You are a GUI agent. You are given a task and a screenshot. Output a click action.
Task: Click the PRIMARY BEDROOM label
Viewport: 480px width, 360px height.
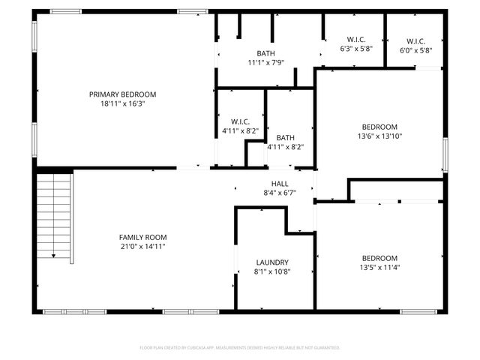coord(122,94)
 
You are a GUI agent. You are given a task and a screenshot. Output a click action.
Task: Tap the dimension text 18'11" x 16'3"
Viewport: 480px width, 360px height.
coord(122,104)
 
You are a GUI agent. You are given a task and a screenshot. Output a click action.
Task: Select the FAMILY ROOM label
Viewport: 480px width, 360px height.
coord(142,236)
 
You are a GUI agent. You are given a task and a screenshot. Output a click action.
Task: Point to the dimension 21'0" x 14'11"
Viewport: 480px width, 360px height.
coord(142,246)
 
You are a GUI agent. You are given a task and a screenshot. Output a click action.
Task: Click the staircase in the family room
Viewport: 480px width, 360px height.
coord(54,214)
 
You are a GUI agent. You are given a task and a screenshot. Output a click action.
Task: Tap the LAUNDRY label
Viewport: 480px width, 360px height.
coord(273,262)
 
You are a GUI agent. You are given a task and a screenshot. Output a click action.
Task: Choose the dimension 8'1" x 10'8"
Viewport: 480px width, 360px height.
coord(273,271)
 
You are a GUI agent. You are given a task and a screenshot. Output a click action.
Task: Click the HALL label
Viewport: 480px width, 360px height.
coord(280,183)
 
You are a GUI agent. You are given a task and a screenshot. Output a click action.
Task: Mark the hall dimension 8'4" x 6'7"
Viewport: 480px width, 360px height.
coord(280,193)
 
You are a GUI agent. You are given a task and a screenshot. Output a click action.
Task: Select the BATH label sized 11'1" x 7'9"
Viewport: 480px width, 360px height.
coord(265,53)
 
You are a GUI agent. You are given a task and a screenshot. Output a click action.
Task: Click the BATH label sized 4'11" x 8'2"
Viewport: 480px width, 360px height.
coord(285,137)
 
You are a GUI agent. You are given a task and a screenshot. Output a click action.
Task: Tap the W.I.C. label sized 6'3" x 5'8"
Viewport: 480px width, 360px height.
coord(355,40)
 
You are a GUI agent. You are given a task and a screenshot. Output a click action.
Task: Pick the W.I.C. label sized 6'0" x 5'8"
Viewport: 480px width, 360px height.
coord(415,40)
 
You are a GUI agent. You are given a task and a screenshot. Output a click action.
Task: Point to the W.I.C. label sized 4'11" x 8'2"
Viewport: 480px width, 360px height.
coord(241,121)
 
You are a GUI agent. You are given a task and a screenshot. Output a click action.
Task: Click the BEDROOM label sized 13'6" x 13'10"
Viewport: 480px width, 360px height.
coord(379,127)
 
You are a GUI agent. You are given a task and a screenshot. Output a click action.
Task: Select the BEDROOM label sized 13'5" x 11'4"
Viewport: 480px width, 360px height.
coord(379,257)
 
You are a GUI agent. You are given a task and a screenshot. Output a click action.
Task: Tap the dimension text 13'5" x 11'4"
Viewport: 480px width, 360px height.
coord(379,267)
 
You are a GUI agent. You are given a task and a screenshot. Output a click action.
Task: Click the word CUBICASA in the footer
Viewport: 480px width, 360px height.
coord(214,348)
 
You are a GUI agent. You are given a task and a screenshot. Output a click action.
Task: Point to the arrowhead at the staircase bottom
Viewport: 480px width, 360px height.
coord(54,256)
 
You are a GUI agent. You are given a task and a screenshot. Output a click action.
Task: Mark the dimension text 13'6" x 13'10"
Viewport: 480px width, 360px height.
coord(379,136)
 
